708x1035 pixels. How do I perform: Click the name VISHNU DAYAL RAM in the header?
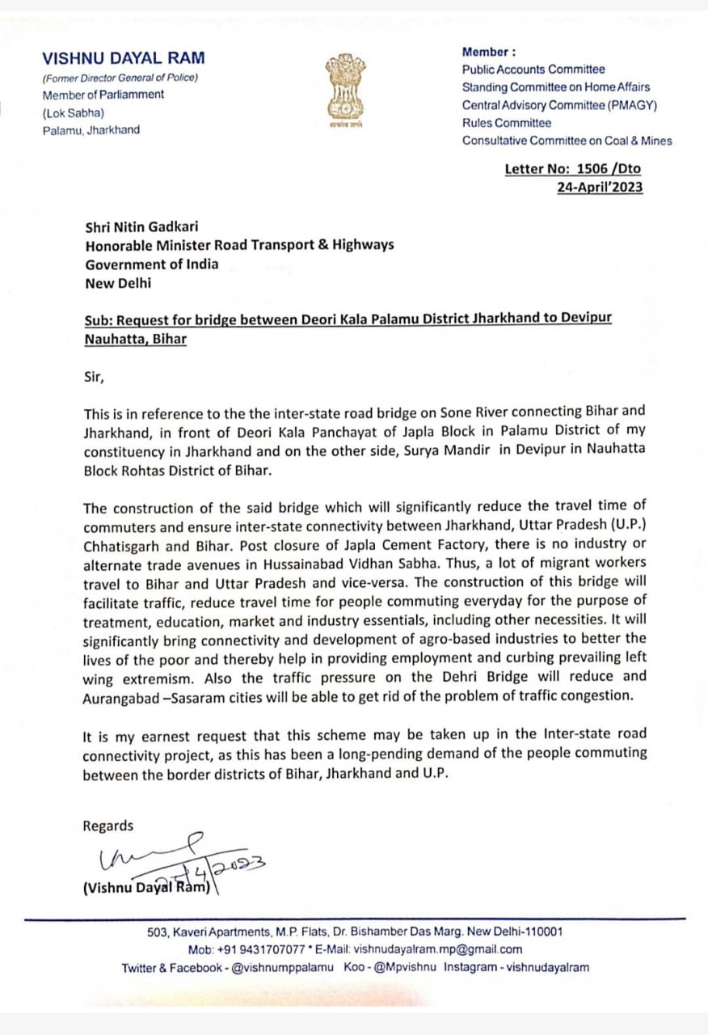tap(124, 58)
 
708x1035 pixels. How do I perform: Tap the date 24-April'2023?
tap(600, 187)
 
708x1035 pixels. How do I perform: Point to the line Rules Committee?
tap(507, 123)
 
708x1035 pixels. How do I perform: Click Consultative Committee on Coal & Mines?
tap(567, 141)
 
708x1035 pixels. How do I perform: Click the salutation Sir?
tap(95, 377)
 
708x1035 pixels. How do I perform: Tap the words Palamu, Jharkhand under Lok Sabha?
tap(91, 130)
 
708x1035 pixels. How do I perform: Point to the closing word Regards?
tap(108, 826)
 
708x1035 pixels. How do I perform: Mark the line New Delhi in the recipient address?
tap(118, 283)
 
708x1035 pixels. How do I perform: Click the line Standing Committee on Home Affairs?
tap(555, 87)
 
